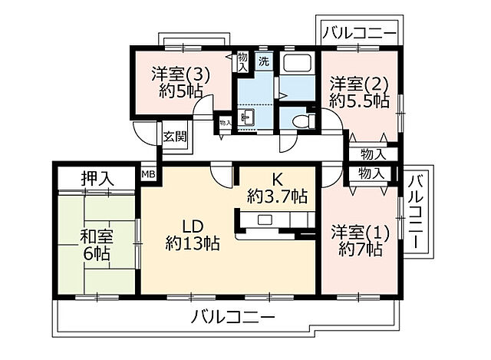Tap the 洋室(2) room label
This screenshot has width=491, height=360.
358,82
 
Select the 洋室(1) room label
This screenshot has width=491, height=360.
359,230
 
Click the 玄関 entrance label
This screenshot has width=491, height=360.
174,137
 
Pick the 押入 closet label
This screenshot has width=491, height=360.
97,178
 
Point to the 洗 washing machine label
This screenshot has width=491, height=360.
264,61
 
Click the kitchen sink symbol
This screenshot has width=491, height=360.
265,220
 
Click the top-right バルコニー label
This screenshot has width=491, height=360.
359,33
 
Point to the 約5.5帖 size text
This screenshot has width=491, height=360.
358,100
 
